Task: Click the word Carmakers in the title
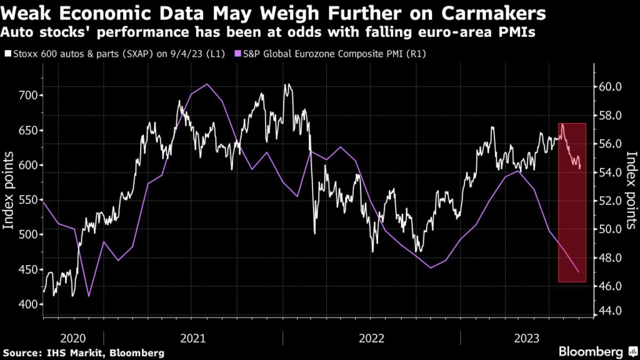click(493, 12)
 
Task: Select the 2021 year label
click(193, 338)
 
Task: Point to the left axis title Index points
click(10, 192)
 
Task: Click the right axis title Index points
click(631, 192)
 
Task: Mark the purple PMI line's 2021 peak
click(207, 84)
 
